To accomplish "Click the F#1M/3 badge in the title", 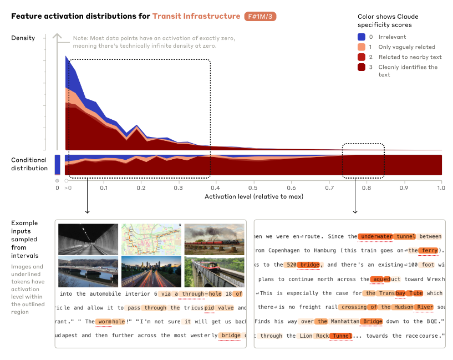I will (260, 16).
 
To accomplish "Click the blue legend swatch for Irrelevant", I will (361, 37).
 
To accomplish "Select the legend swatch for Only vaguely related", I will (361, 47).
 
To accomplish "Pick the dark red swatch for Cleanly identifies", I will (361, 67).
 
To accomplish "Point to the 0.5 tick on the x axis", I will (254, 188).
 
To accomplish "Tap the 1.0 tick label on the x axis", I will (441, 188).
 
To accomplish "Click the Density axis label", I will (23, 38).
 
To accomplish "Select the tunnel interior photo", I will (88, 238).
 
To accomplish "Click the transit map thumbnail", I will (151, 238).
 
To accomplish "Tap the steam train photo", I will (215, 238).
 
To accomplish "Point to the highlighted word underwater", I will (376, 236).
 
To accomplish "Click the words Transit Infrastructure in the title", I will (196, 16).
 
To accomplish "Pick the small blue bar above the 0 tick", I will (57, 165).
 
